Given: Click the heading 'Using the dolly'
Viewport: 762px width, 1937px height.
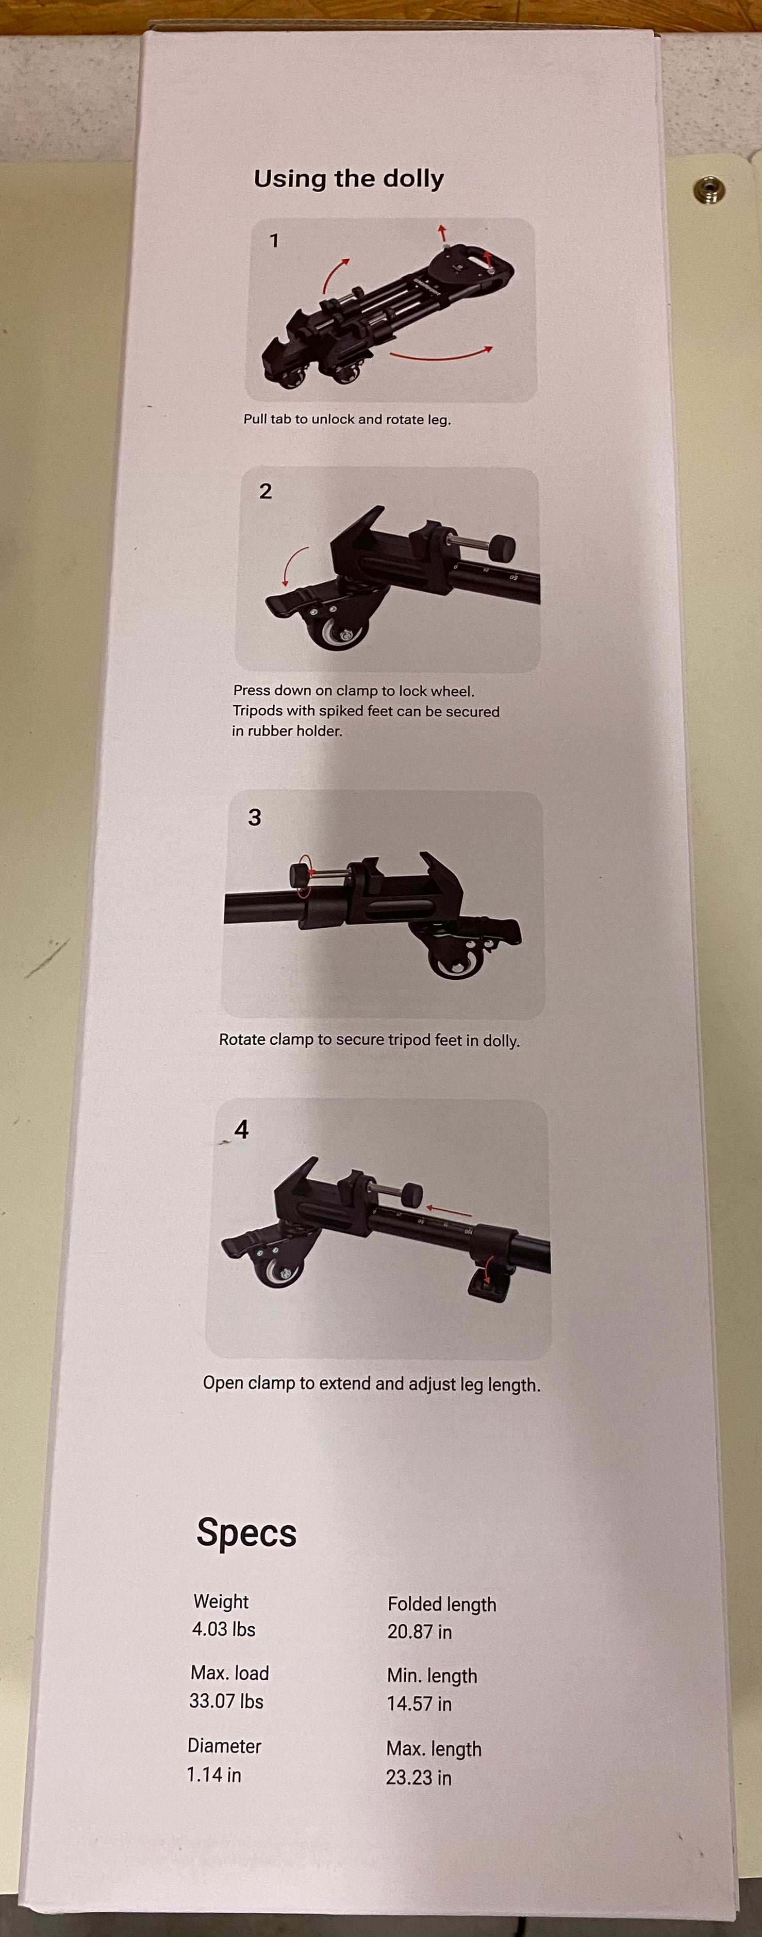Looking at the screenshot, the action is [x=349, y=179].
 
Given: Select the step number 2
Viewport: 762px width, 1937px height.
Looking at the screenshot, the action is [x=265, y=491].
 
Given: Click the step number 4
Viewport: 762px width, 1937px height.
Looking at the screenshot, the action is [x=241, y=1129].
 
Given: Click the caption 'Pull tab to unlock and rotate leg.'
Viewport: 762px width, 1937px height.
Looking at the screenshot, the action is [x=347, y=420].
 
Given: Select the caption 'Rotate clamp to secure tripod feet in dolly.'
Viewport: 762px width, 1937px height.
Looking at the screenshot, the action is [x=369, y=1040].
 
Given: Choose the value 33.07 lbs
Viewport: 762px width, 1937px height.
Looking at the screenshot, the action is [x=226, y=1701].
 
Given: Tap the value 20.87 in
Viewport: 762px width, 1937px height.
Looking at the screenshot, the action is [x=420, y=1632].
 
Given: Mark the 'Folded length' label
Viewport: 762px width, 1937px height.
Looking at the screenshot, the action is [x=441, y=1604].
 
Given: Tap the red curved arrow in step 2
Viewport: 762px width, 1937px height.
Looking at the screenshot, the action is [x=295, y=565].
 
